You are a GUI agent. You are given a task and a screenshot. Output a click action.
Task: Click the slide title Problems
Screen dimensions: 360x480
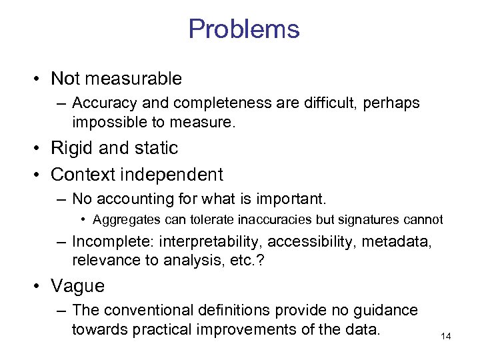click(x=243, y=29)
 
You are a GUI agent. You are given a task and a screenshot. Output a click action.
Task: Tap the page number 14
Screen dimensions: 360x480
click(x=446, y=336)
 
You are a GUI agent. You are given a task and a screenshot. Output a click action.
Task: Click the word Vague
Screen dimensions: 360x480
click(x=77, y=286)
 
